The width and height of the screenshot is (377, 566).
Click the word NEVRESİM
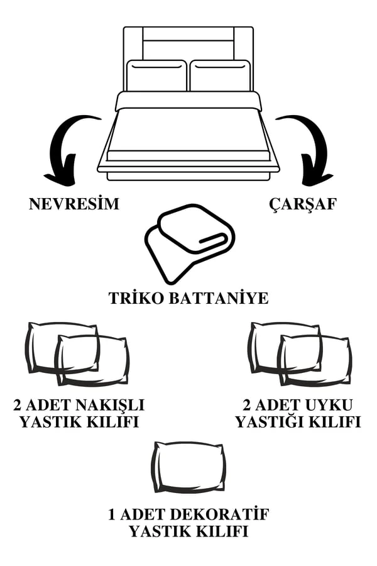coord(74,204)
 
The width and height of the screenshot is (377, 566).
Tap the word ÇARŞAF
coord(303,204)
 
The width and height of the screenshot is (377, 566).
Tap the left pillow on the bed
coord(156,75)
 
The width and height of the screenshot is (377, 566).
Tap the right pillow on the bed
coord(220,75)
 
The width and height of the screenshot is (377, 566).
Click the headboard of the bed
coord(188,41)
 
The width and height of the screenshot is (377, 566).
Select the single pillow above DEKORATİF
coord(188,467)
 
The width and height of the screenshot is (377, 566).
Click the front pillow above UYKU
coord(315,360)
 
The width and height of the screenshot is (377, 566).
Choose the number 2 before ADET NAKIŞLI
coord(19,404)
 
